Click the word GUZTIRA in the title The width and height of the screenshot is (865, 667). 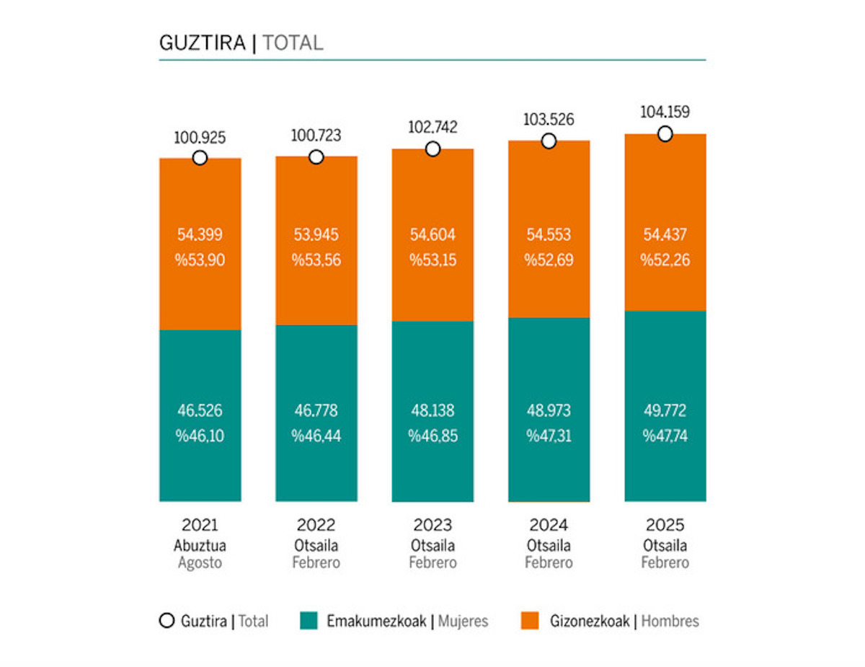coord(202,43)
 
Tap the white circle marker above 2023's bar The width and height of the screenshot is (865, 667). coord(432,149)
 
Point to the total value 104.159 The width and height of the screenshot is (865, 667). coord(665,112)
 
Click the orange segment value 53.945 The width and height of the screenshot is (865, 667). coord(316,234)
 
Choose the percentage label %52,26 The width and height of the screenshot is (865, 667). coord(665,260)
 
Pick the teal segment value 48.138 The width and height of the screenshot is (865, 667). coord(432,411)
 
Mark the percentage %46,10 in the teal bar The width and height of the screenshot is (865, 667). coord(200,436)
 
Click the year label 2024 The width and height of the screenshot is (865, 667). coord(549,525)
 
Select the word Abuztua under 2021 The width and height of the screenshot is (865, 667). coord(200,545)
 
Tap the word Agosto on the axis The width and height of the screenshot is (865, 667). coord(200,563)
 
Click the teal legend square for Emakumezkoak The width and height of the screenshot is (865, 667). coord(309,621)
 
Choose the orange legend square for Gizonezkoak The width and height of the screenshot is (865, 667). coord(531,621)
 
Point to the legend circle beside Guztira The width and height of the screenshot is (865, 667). coord(167,621)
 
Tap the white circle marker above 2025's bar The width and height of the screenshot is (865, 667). coord(665,134)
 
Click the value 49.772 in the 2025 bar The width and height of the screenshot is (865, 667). coord(665,411)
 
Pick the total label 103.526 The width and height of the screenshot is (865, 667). coord(549,119)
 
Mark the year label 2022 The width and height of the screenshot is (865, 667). coord(316,525)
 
